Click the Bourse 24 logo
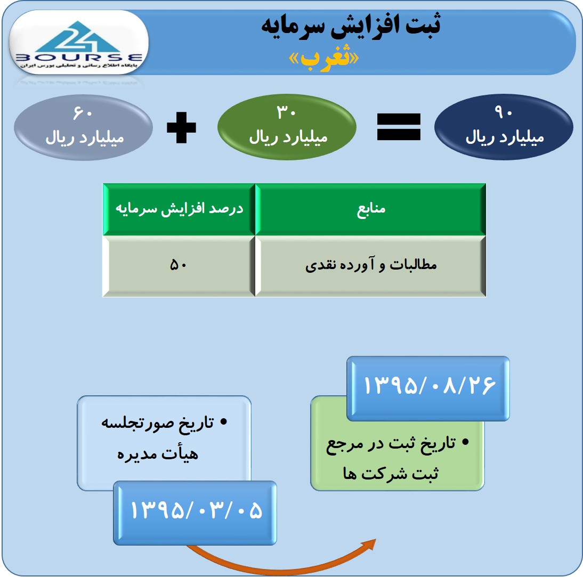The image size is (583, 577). coord(78,44)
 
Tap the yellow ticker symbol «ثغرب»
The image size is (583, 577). coord(324,59)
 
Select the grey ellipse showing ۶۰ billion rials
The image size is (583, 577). coord(83,127)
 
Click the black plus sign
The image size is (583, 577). coord(181,127)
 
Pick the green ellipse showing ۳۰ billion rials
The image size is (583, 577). coord(287,127)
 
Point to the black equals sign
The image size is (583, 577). coord(399,127)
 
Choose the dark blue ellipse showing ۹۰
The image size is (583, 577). coord(504,127)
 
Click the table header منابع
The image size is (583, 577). coord(371,209)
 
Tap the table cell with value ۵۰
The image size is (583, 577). coord(179,266)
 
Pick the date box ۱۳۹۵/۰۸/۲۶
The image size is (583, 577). coord(428,388)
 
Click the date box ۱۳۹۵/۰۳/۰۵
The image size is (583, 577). coord(195,513)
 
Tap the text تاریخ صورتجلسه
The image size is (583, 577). coord(158,423)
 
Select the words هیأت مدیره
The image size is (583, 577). coord(158,453)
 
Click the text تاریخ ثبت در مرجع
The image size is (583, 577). coord(391,444)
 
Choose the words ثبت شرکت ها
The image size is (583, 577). coord(391,473)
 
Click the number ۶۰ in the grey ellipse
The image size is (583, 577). coord(83,112)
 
